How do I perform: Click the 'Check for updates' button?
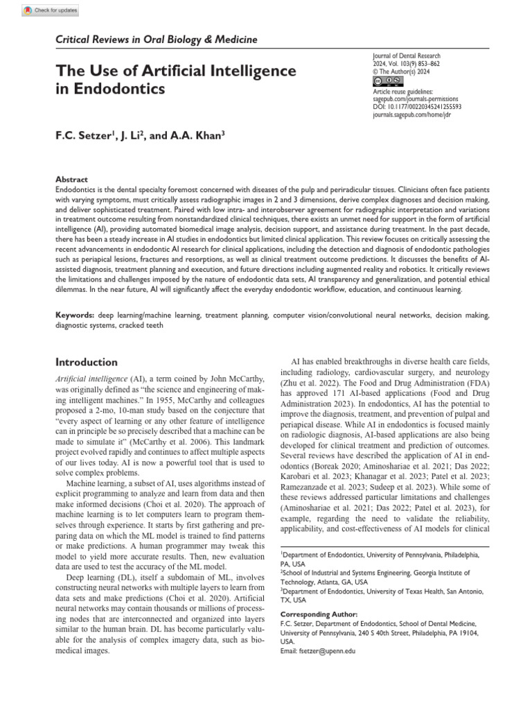point(50,10)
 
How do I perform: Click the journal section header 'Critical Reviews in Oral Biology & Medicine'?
point(156,40)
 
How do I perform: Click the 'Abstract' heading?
point(71,179)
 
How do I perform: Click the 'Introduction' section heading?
point(87,362)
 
